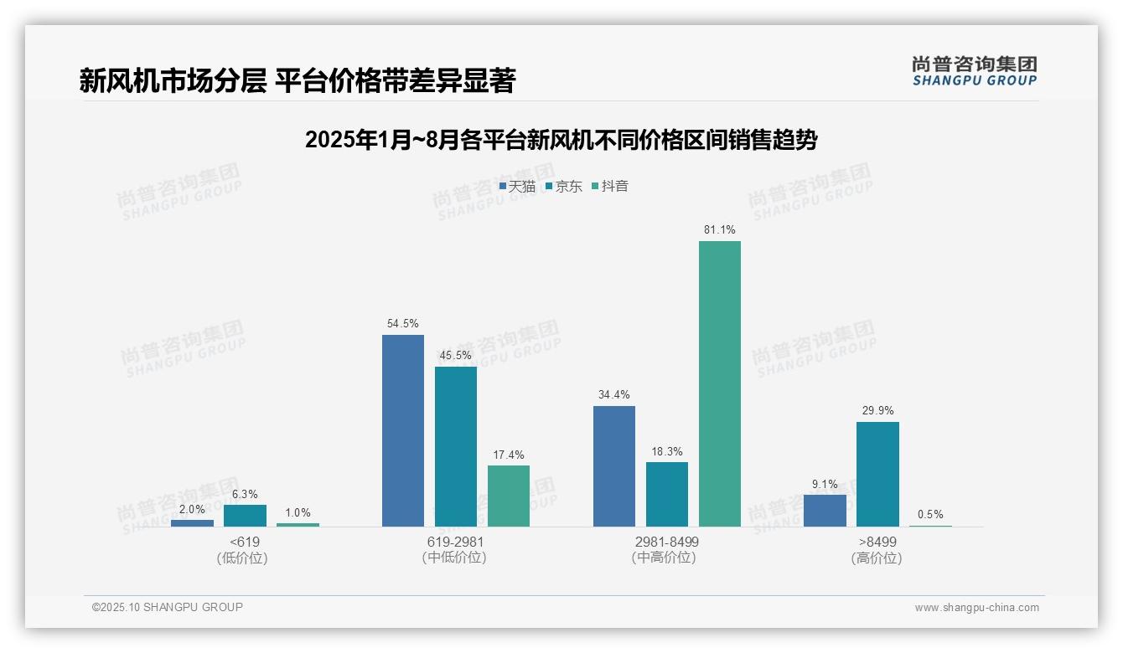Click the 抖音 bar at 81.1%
click(x=719, y=383)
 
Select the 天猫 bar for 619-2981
click(x=403, y=430)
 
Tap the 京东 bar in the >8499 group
click(x=877, y=474)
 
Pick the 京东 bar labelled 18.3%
click(x=667, y=494)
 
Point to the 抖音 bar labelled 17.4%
click(x=509, y=496)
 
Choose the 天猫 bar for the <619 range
click(x=192, y=523)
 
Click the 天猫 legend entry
click(x=517, y=186)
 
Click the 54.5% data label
click(x=403, y=324)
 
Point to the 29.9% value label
click(x=877, y=411)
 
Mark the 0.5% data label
click(x=930, y=515)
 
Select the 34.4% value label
click(x=614, y=395)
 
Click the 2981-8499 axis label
click(x=666, y=542)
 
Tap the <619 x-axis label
click(x=245, y=542)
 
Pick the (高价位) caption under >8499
click(x=877, y=558)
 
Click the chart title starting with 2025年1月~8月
click(x=561, y=140)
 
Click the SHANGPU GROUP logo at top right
click(x=974, y=70)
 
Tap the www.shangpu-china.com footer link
click(x=976, y=608)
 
